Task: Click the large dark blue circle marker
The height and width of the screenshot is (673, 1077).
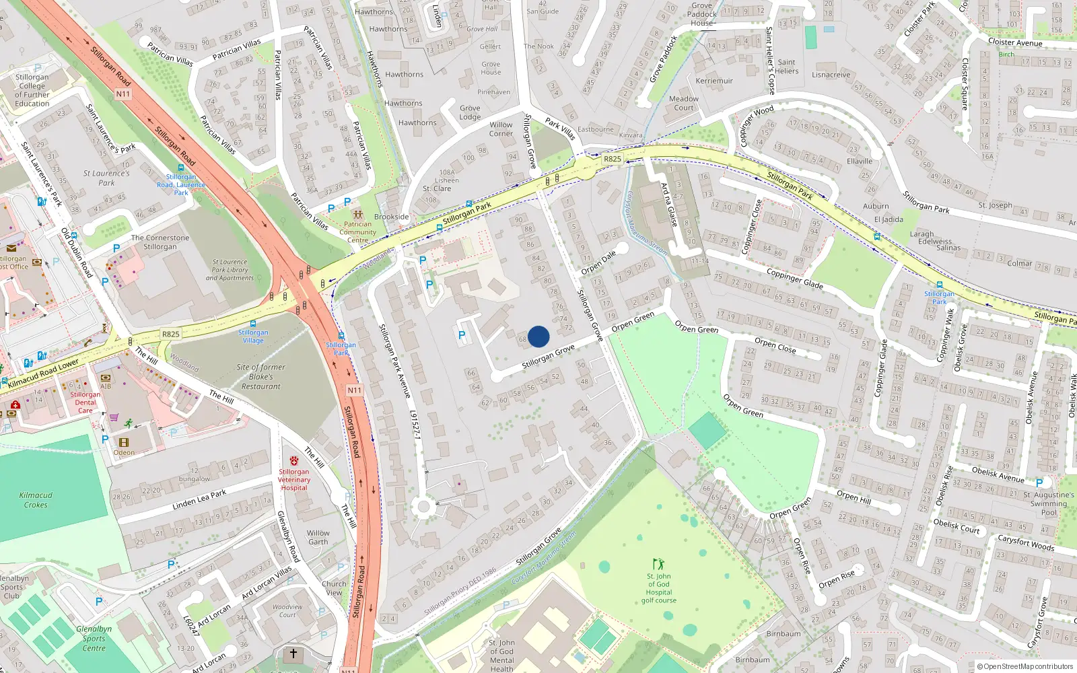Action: pos(538,336)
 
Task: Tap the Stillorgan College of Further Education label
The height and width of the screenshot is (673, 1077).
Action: pos(32,90)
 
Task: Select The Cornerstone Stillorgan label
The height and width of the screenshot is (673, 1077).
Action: pos(160,242)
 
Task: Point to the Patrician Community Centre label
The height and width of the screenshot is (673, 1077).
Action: pos(357,232)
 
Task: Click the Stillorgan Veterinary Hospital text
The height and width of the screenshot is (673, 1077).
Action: pos(294,479)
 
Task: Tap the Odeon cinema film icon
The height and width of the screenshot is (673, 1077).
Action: pos(123,442)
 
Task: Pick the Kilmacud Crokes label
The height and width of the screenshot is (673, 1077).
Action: pos(36,500)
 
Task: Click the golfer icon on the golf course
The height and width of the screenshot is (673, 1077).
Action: pos(658,564)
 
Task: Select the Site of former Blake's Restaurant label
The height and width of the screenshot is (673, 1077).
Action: pos(261,377)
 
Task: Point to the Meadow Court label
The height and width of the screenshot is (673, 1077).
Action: pos(684,103)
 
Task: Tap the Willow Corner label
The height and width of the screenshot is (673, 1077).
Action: pos(501,129)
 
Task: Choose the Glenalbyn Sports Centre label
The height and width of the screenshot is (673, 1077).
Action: pos(94,639)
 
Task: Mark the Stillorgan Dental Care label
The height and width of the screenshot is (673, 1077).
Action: pos(85,402)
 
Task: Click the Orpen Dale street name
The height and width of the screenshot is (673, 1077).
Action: pos(598,262)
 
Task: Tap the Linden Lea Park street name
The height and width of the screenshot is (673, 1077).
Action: pos(199,499)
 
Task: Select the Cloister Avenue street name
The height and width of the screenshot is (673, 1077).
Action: pos(1015,42)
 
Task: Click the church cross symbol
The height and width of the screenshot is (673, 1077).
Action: pos(293,653)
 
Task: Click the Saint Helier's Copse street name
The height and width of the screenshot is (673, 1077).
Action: pos(770,61)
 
